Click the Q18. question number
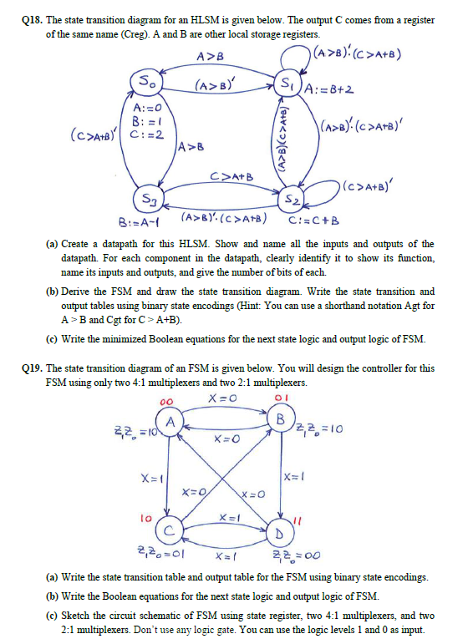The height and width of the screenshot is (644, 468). [22, 11]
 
